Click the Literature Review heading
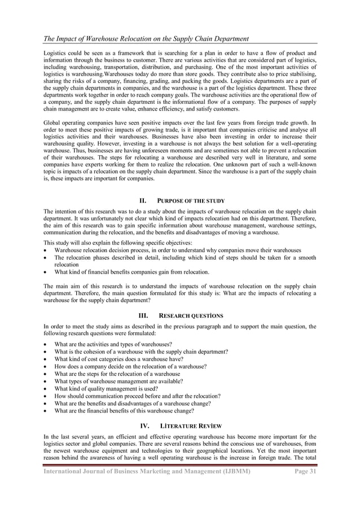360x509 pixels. coord(190,425)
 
